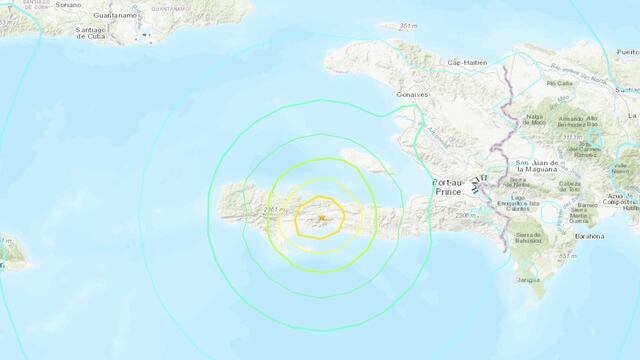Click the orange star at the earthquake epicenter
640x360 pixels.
(322, 217)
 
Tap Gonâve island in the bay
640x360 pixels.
(367, 161)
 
